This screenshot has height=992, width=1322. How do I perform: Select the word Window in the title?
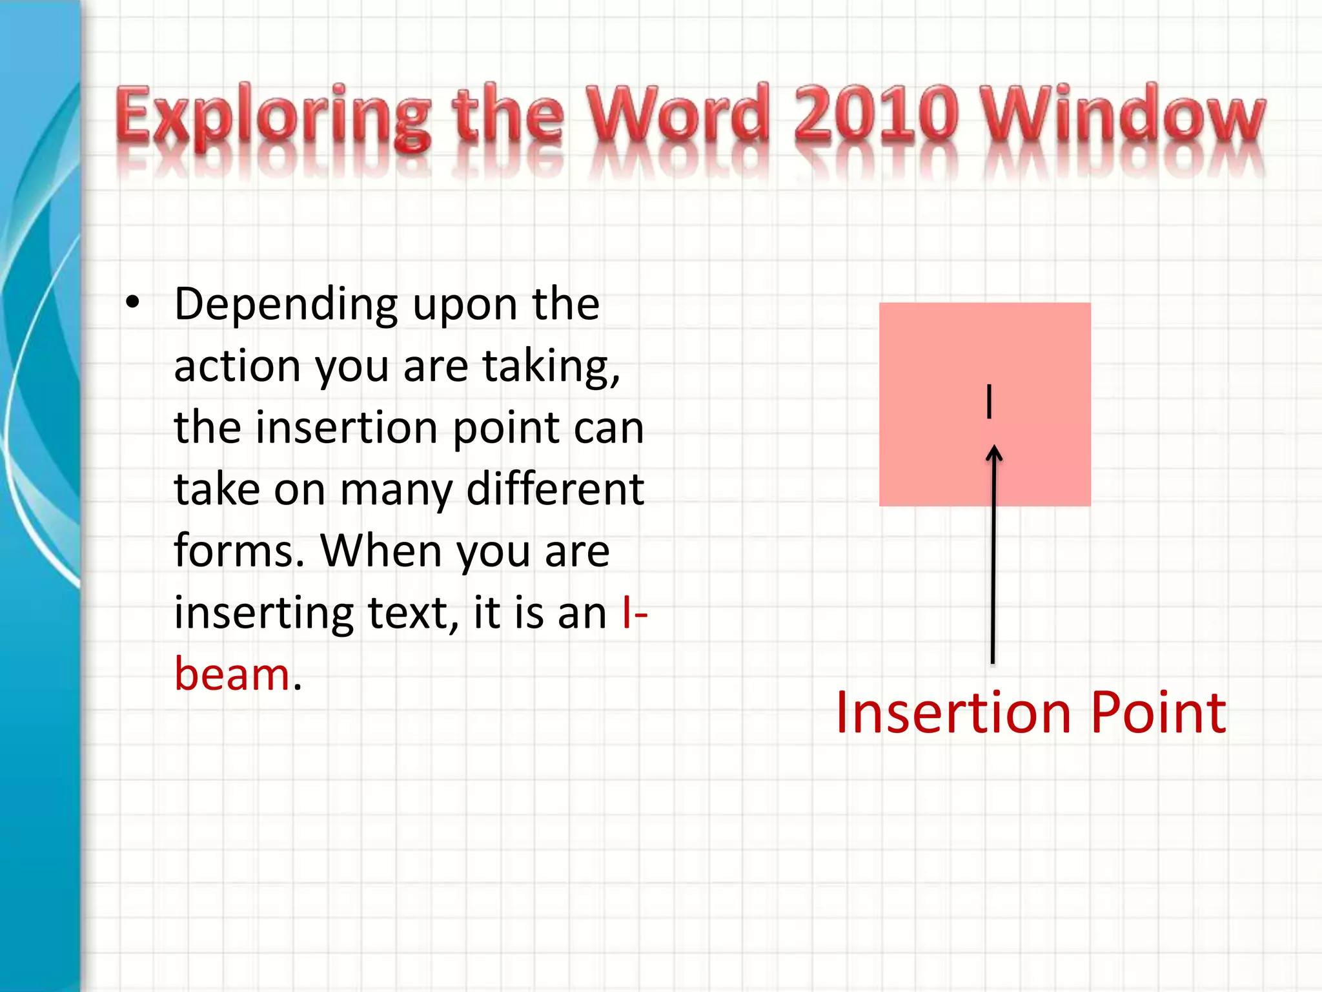click(x=1121, y=113)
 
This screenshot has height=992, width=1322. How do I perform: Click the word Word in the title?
click(x=677, y=113)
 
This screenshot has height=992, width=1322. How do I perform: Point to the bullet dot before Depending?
click(x=132, y=303)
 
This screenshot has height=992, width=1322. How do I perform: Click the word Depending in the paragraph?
click(x=286, y=305)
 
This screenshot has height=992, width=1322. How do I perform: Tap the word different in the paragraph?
click(x=554, y=489)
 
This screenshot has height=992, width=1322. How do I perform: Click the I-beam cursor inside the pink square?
click(x=988, y=401)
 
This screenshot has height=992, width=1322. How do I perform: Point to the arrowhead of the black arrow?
click(x=994, y=452)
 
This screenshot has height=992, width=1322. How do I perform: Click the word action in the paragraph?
click(x=237, y=366)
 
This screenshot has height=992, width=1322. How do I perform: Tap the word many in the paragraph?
click(x=396, y=490)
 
